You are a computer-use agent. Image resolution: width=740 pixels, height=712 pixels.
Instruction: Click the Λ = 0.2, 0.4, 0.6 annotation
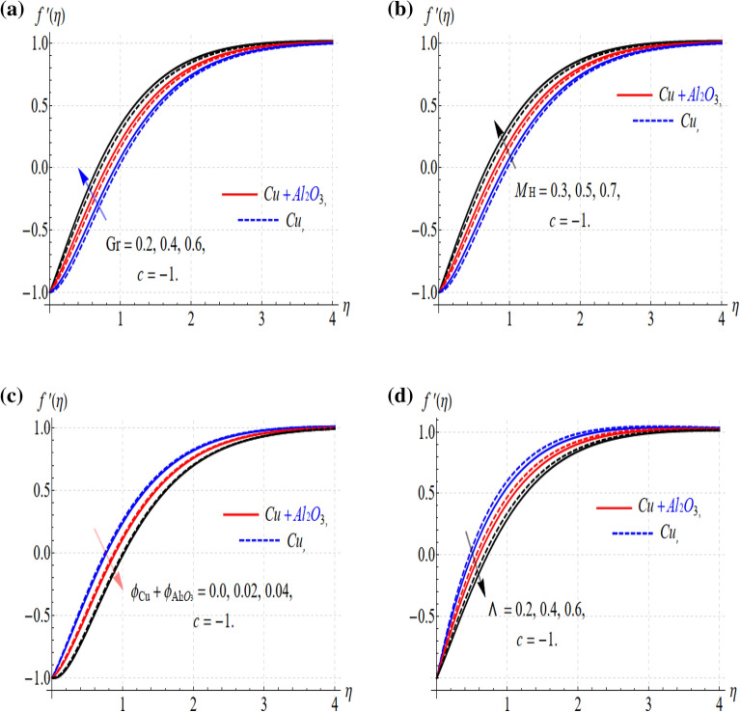(542, 608)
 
